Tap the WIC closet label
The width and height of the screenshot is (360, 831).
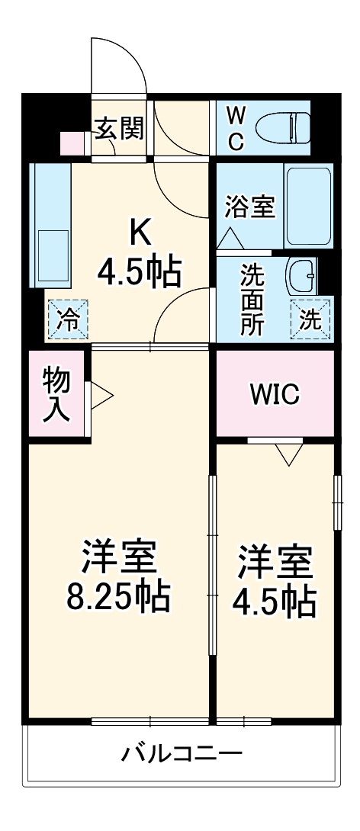click(x=275, y=394)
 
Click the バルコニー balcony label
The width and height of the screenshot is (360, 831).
click(x=182, y=754)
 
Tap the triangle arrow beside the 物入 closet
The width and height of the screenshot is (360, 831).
click(x=101, y=395)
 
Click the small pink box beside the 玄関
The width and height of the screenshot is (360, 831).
click(x=72, y=143)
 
